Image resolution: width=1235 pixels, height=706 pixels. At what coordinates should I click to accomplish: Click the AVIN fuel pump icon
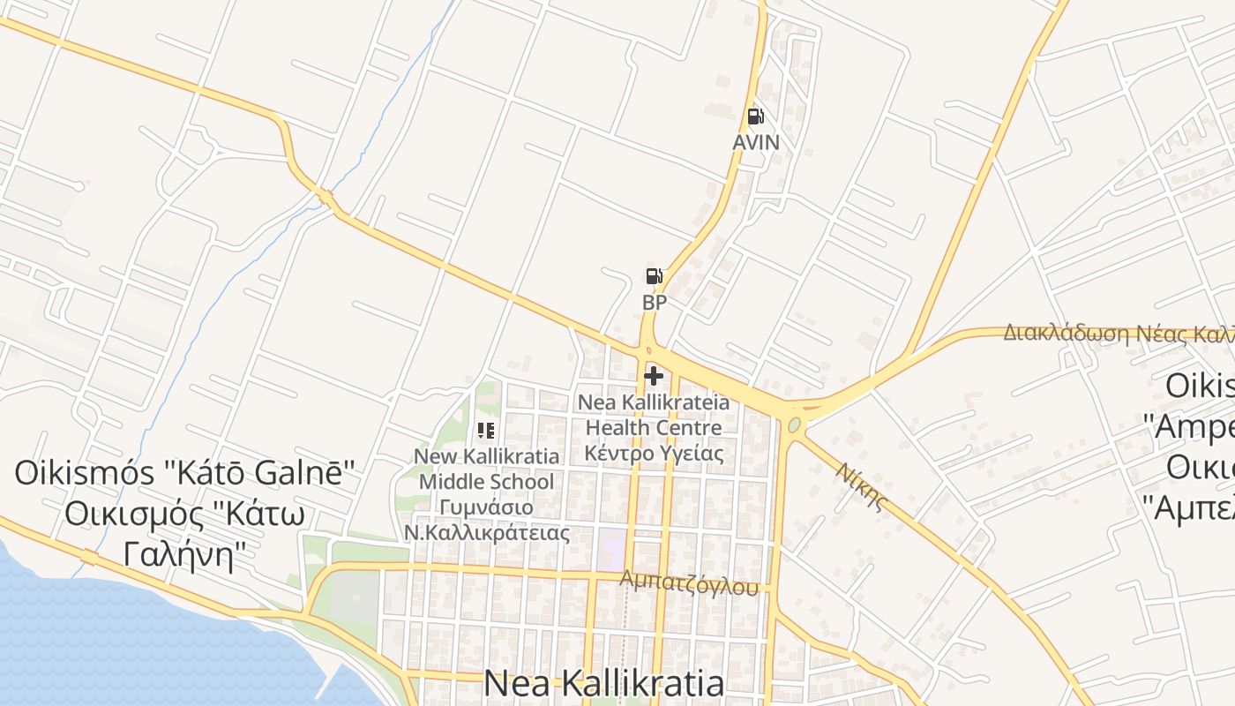tap(755, 116)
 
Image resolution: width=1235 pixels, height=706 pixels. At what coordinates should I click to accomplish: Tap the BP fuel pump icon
tap(654, 277)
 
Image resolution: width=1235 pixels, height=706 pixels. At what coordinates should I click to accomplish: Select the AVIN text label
tap(756, 142)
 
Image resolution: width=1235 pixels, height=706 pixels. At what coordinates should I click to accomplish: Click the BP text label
tap(654, 303)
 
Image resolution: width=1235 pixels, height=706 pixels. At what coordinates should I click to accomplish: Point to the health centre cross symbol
tap(654, 377)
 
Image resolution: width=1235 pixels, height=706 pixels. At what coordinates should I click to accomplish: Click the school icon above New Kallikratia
tap(485, 431)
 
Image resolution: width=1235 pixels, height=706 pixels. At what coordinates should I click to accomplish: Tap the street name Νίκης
tap(860, 486)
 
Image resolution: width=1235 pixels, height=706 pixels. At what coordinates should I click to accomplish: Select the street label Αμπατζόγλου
tap(689, 582)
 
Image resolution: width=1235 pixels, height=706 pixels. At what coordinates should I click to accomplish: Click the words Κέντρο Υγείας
tap(654, 454)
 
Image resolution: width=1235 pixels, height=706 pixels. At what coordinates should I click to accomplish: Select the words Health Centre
tap(654, 428)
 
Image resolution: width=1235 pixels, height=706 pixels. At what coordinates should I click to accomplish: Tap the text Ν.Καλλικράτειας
tap(486, 533)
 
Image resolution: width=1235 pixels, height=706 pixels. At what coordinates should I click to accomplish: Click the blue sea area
tap(132, 644)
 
